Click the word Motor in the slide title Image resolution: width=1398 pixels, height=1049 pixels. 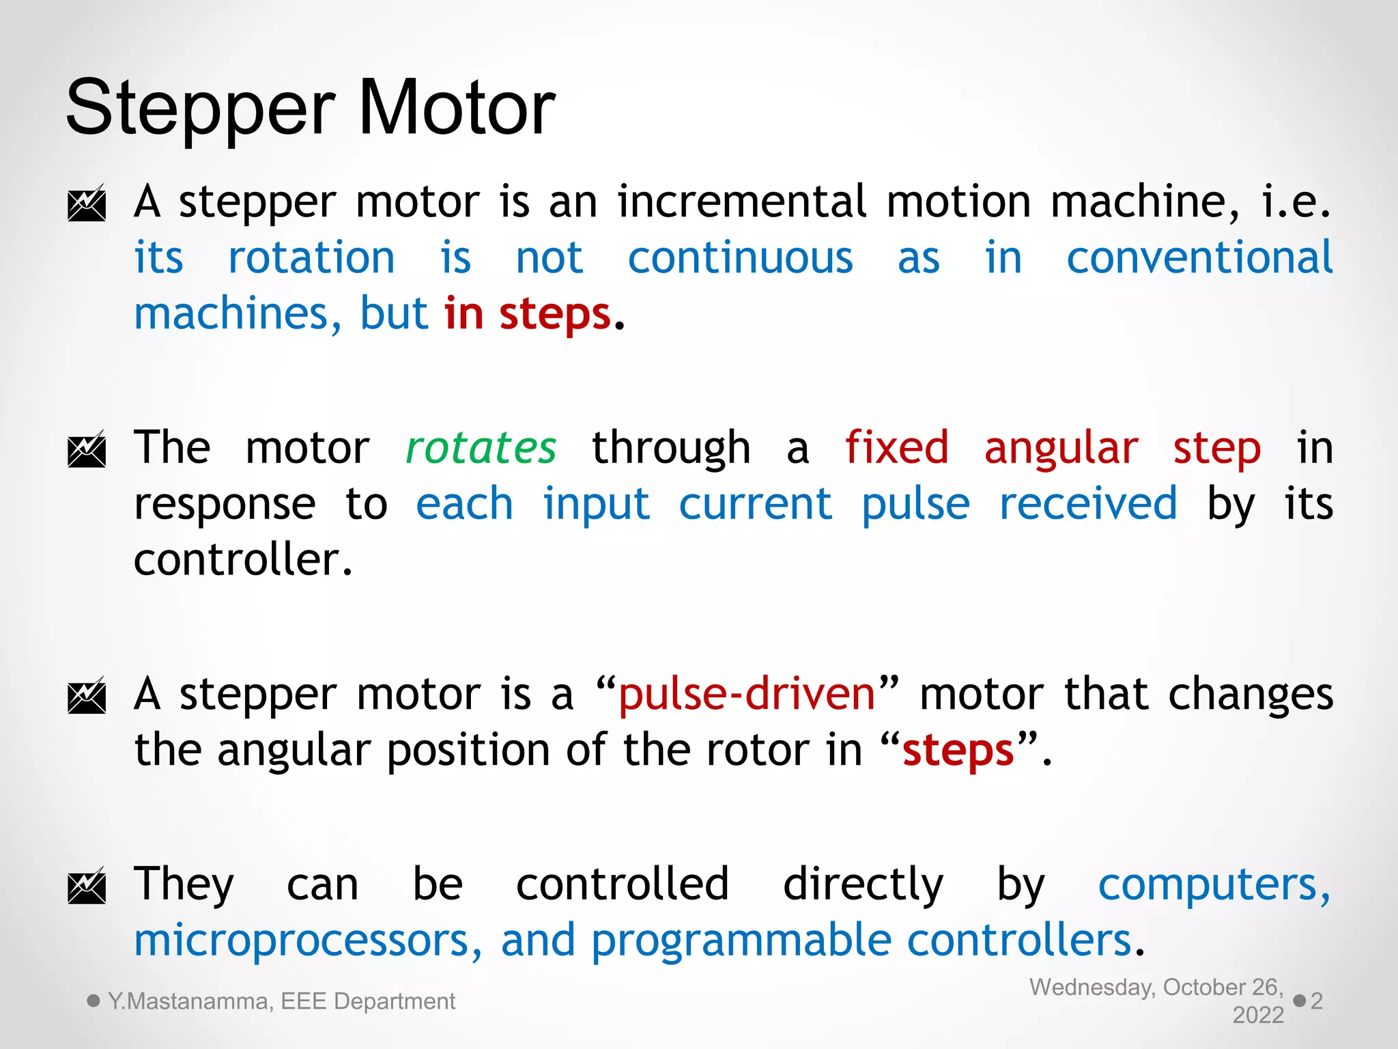coord(456,108)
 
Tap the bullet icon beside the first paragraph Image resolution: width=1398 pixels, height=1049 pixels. coord(87,204)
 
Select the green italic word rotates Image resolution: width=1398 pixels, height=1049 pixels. coord(481,449)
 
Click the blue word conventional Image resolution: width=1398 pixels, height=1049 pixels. coord(1199,258)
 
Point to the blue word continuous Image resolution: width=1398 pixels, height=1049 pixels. coord(740,258)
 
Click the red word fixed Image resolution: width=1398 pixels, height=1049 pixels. coord(896,449)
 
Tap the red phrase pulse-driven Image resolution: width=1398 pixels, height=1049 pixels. coord(747,695)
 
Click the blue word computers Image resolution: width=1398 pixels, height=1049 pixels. coord(1214,886)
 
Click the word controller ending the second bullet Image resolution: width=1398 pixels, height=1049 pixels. coord(242,560)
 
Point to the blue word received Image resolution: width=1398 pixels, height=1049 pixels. coord(1088,504)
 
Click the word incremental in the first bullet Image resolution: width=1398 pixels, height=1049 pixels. coord(743,203)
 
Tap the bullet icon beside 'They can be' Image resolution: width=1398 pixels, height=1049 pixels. coord(87,886)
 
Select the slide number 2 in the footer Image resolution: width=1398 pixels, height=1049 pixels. coord(1317,1001)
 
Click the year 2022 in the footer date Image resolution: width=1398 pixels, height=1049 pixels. coord(1258,1016)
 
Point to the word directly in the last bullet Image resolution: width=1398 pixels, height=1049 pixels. coord(863,886)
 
